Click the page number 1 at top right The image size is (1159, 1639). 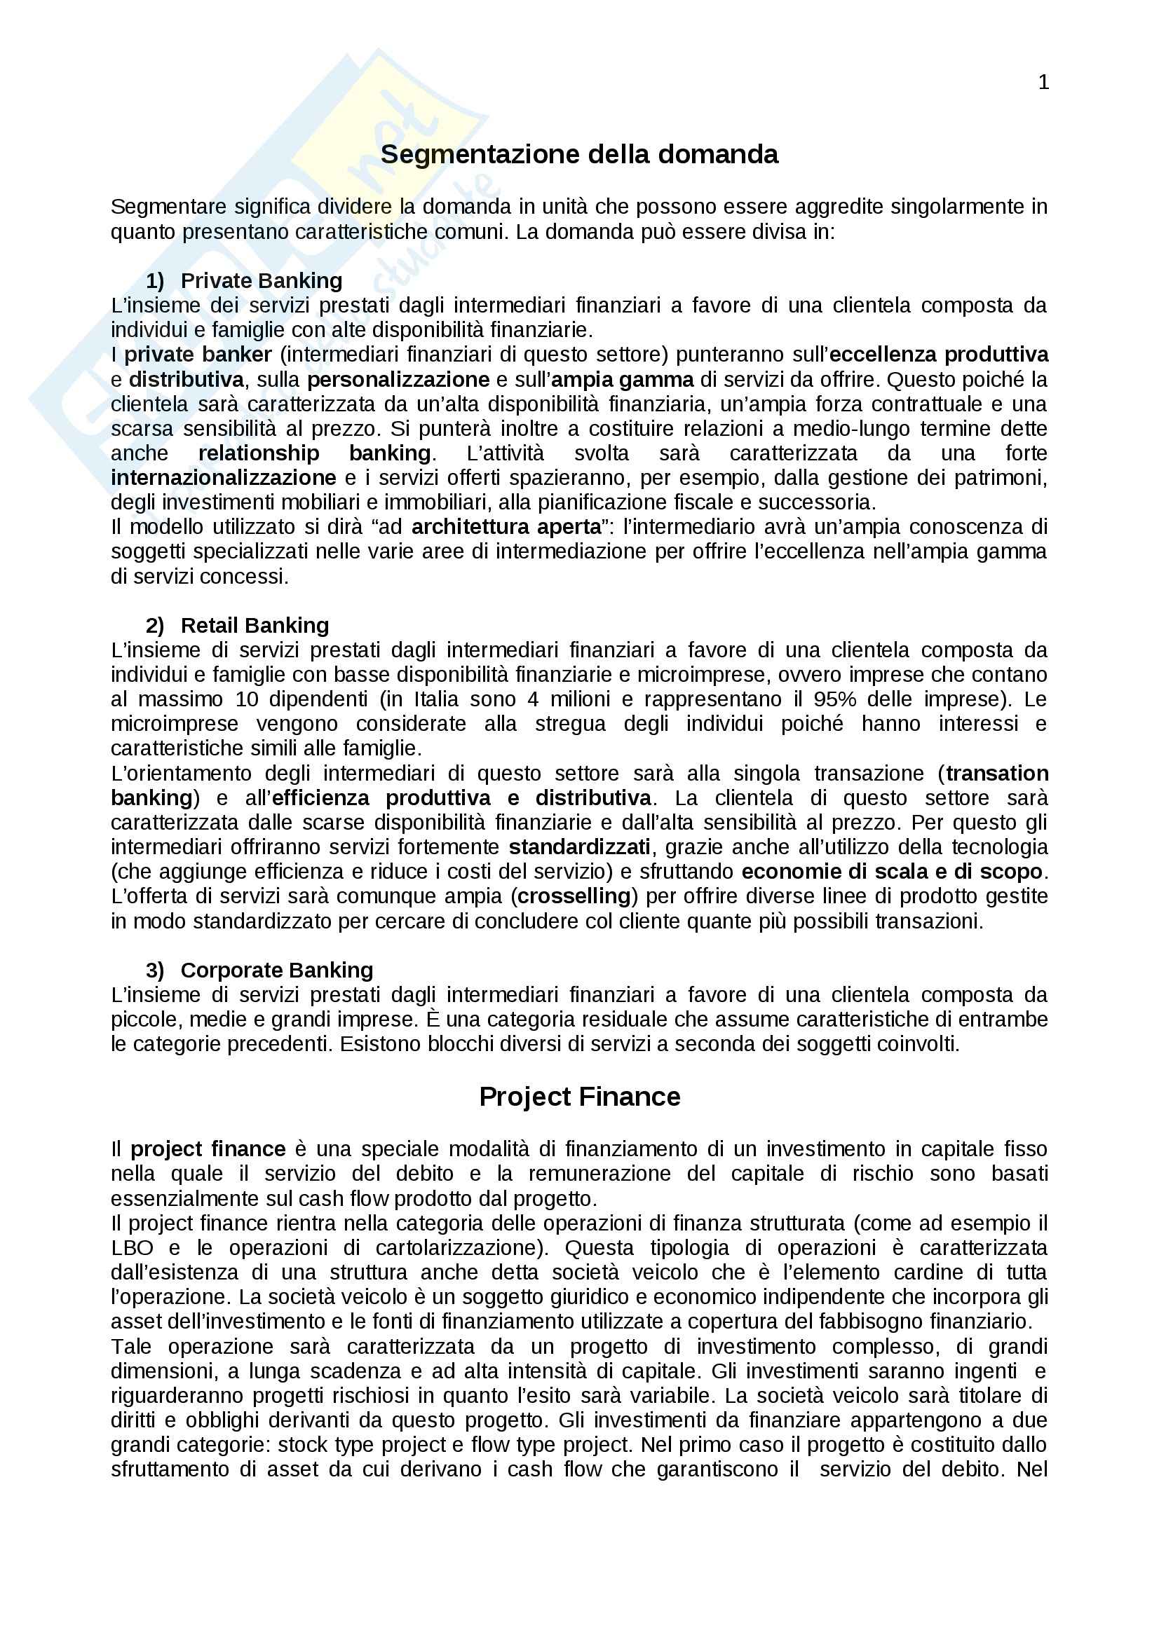click(1043, 83)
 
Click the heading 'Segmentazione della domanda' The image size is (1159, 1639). click(579, 154)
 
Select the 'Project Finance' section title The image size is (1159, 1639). click(579, 1097)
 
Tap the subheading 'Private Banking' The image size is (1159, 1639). click(262, 280)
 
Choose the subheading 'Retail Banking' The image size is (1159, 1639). click(255, 625)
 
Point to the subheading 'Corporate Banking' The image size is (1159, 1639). click(277, 970)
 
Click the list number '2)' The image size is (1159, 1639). click(155, 626)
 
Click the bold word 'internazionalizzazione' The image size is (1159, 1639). click(224, 478)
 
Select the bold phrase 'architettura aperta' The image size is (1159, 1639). click(506, 527)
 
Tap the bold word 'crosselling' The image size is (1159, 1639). click(574, 896)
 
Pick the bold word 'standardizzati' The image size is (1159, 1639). click(579, 846)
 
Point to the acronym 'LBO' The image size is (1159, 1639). click(132, 1248)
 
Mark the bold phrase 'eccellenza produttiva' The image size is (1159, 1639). click(939, 355)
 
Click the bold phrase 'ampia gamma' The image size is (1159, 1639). click(622, 379)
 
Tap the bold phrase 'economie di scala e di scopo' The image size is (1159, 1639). click(892, 872)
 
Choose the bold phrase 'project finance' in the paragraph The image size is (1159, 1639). click(208, 1149)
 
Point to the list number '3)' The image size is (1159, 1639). click(155, 971)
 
